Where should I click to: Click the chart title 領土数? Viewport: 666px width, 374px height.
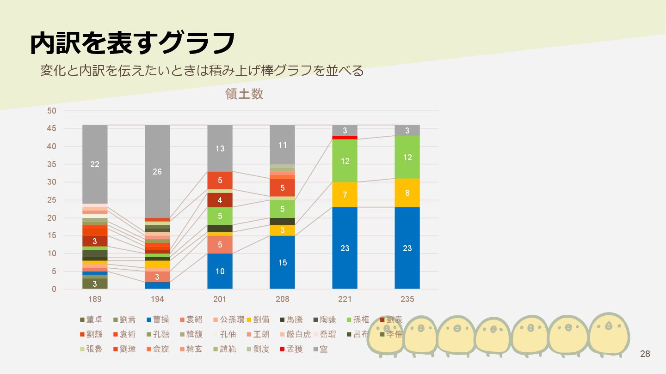[244, 94]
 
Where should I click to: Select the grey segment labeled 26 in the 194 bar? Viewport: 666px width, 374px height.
[157, 171]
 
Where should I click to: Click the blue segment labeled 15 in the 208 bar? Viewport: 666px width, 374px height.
[282, 262]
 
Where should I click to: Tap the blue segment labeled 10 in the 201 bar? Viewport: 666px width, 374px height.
[220, 271]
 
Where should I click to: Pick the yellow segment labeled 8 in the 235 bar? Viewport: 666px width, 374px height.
[407, 193]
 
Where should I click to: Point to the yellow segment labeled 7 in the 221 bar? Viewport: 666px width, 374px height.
[345, 195]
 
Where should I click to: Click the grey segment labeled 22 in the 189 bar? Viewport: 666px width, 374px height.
[95, 164]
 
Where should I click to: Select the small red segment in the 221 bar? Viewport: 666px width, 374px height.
[345, 138]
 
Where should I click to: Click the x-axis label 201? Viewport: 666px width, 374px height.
[220, 299]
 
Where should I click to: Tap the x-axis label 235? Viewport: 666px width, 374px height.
[407, 299]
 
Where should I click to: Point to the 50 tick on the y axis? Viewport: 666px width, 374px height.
[52, 111]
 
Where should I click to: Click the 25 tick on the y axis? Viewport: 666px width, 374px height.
[52, 200]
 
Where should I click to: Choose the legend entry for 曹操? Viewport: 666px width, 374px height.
[157, 320]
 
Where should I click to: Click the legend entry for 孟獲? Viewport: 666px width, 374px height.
[291, 349]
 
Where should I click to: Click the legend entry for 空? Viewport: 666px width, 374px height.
[320, 349]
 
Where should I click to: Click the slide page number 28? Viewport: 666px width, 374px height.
[645, 354]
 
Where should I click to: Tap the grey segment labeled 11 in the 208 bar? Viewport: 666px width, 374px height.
[282, 145]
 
